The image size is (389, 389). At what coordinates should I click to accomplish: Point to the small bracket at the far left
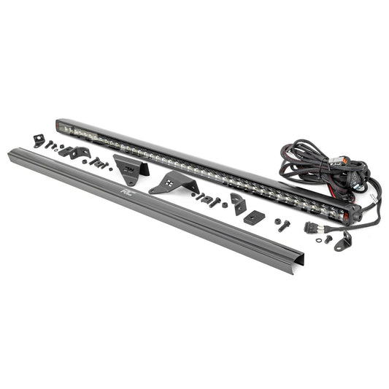[39, 140]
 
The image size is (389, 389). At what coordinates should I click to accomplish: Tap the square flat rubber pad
[254, 217]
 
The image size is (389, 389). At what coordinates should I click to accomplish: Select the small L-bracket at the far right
[344, 241]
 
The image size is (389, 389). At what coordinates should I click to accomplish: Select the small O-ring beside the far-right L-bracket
[328, 238]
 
